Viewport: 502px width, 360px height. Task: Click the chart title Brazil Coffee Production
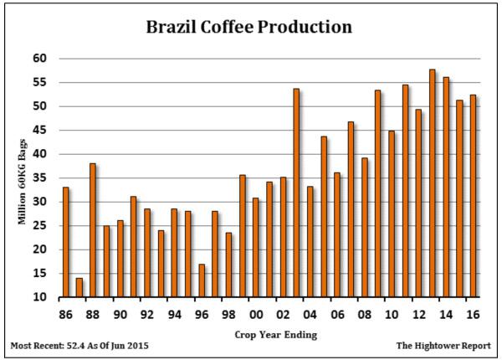tap(249, 26)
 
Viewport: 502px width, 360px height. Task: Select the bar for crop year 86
tap(65, 242)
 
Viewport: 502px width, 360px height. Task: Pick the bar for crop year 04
tap(310, 242)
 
